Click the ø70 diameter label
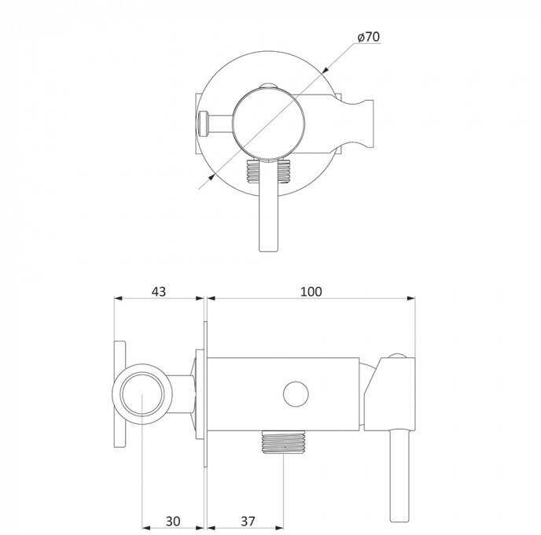369,37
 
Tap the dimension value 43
159,292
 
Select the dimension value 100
311,292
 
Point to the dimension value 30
173,521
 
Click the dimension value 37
248,521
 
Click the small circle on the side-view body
296,394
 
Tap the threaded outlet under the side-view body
283,442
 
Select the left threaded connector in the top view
252,172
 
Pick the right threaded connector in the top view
285,172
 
